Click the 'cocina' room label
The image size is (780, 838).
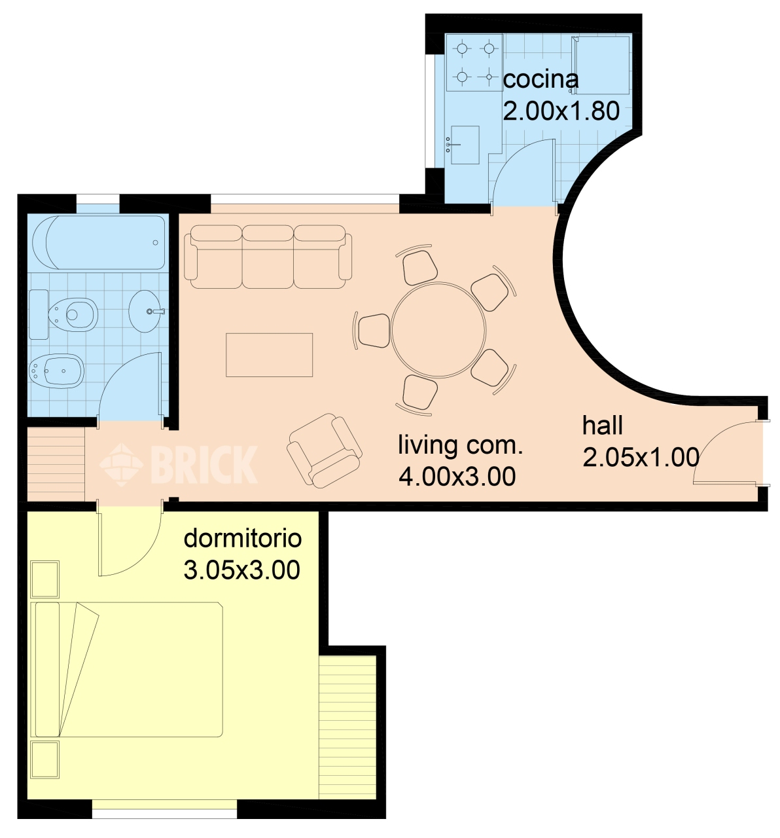coord(540,80)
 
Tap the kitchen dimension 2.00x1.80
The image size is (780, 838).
coord(561,111)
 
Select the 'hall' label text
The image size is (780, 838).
coord(602,426)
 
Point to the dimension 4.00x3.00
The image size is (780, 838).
coord(457,477)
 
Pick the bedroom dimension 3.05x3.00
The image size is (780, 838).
coord(241,570)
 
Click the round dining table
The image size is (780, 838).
coord(438,329)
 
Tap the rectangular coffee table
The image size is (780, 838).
coord(269,355)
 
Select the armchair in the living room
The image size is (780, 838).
coord(324,450)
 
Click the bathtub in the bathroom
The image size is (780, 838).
coord(99,242)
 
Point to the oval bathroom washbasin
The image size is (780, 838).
coord(145,311)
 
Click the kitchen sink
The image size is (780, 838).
coord(465,145)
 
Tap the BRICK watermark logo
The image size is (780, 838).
coord(179,464)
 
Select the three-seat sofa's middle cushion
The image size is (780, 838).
coord(268,257)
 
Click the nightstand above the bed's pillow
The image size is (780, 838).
coord(45,579)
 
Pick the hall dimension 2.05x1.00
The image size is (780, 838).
coord(641,457)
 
